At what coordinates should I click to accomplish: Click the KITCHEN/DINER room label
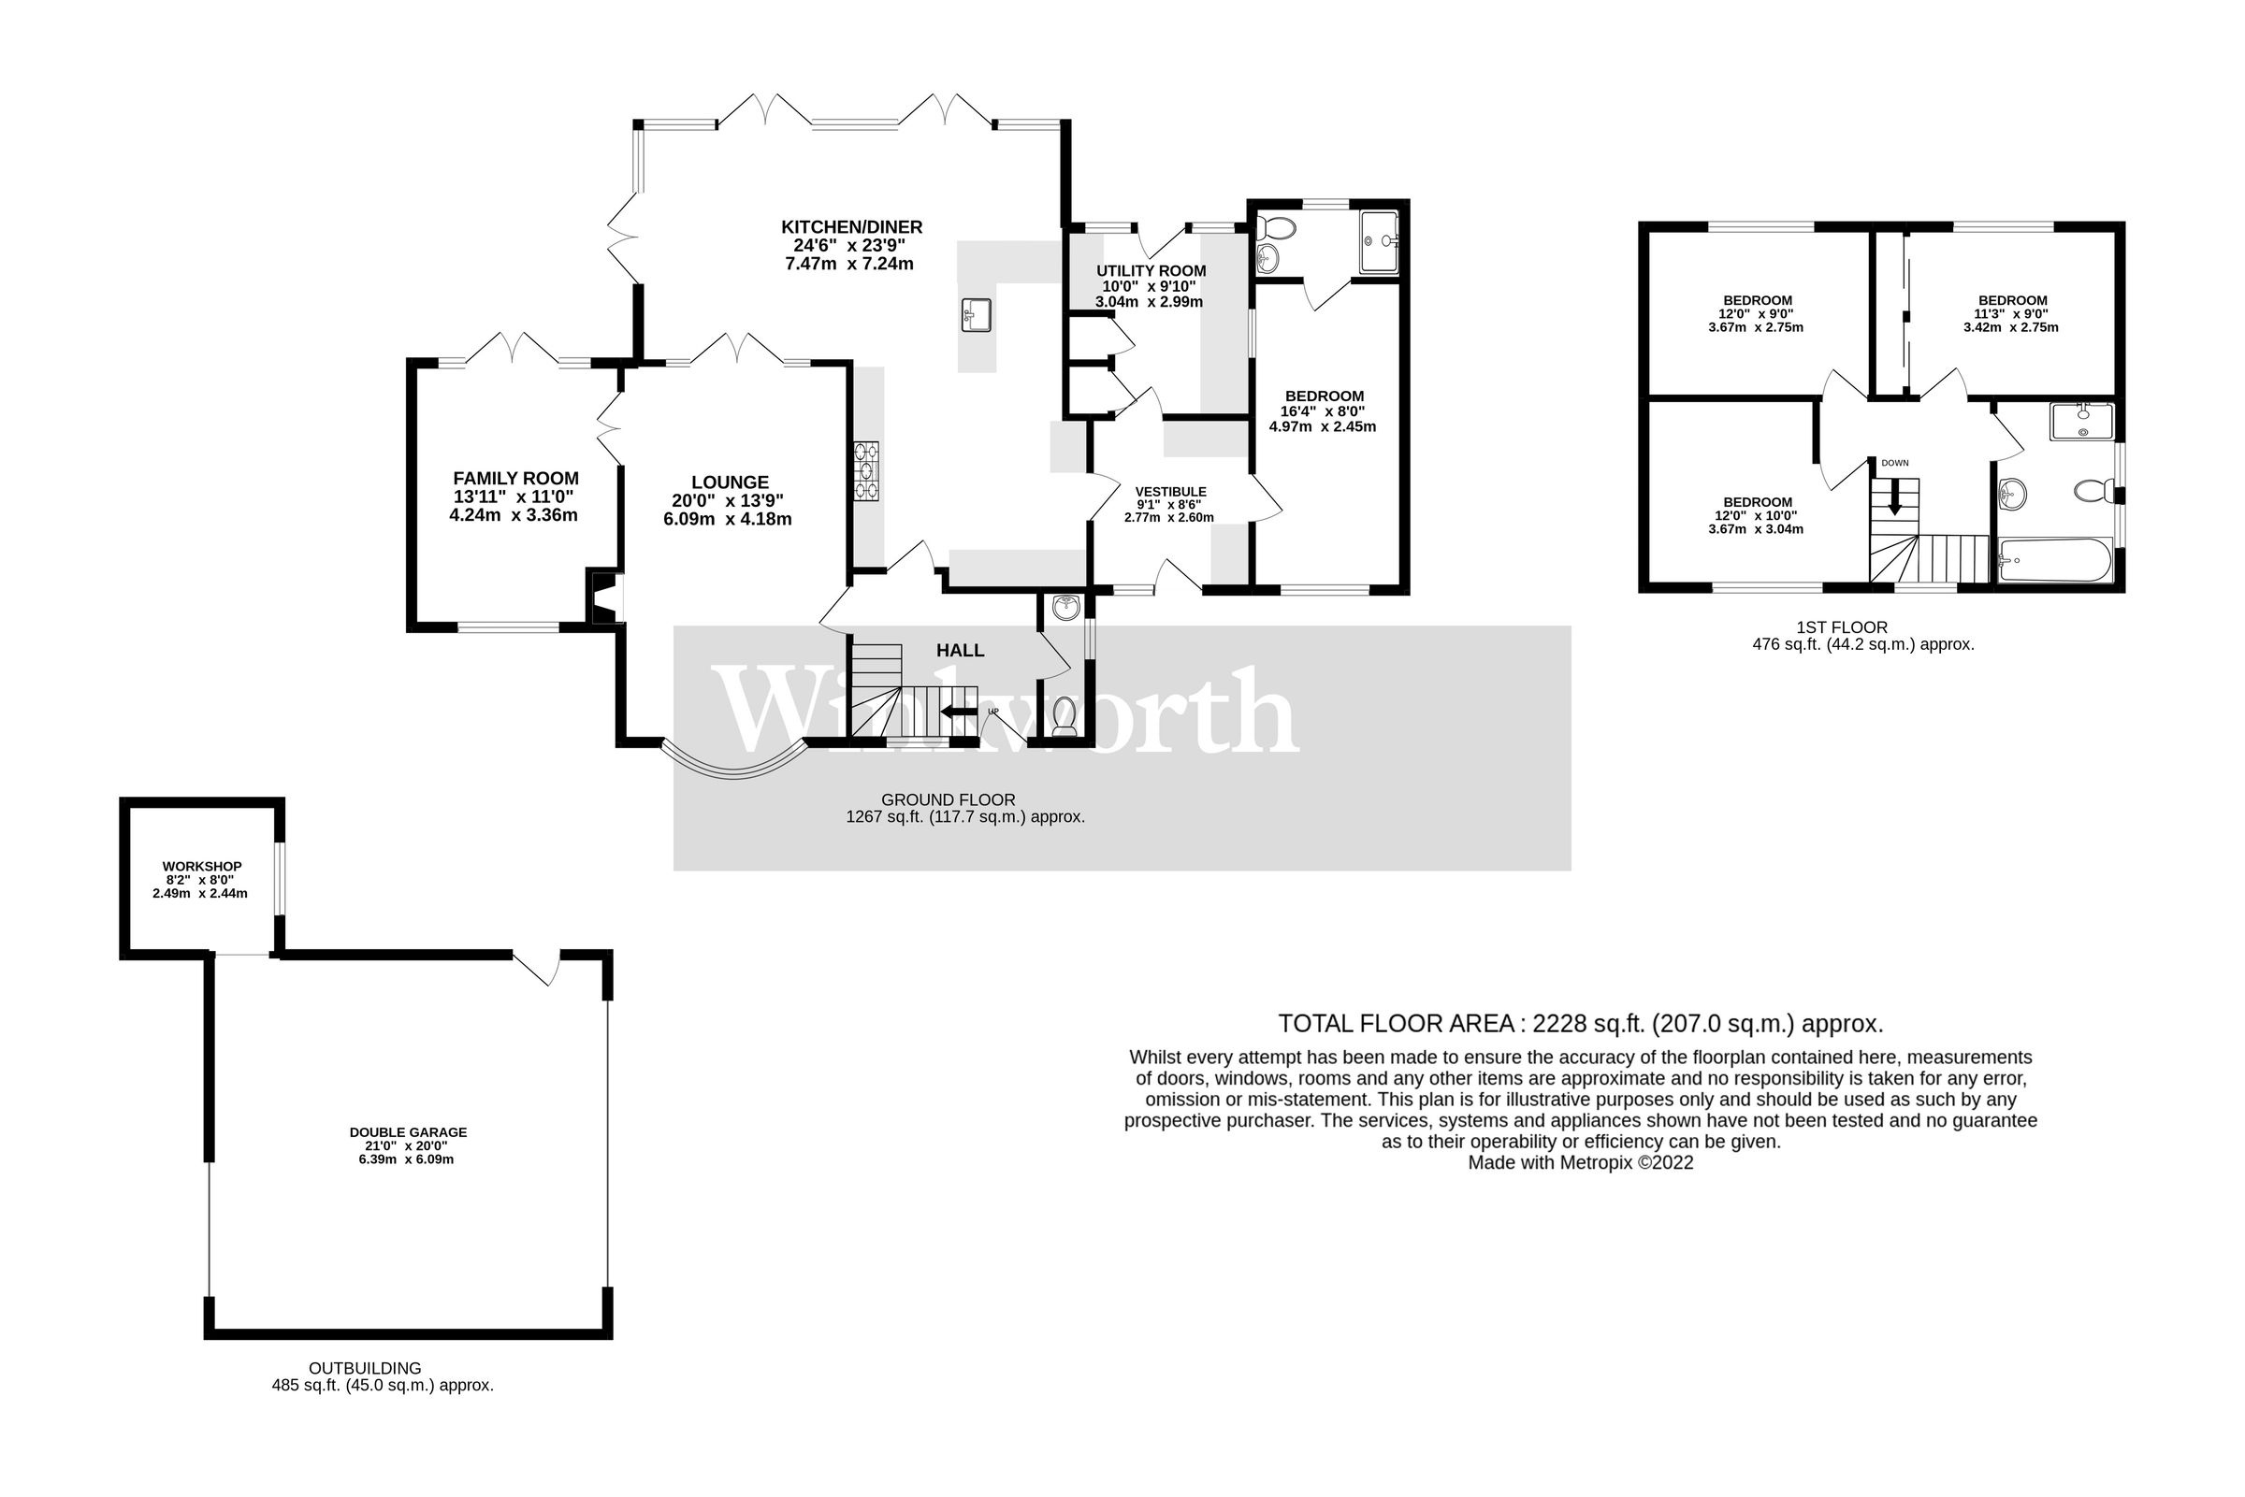[x=851, y=227]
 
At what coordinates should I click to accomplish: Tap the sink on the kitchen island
[x=976, y=314]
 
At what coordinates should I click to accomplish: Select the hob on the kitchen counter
[x=867, y=469]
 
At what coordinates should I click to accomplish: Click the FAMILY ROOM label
[x=514, y=479]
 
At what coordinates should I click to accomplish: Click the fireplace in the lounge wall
[x=606, y=597]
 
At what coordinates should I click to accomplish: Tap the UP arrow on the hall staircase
[x=957, y=713]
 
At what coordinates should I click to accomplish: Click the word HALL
[x=960, y=651]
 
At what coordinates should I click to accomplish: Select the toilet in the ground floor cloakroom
[x=1064, y=715]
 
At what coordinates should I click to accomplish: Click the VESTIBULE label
[x=1170, y=492]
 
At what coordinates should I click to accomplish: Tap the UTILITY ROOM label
[x=1151, y=271]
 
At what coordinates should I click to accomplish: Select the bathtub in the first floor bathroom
[x=2054, y=560]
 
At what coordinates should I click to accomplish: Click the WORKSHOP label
[x=201, y=867]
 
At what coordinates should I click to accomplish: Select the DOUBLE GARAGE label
[x=408, y=1132]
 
